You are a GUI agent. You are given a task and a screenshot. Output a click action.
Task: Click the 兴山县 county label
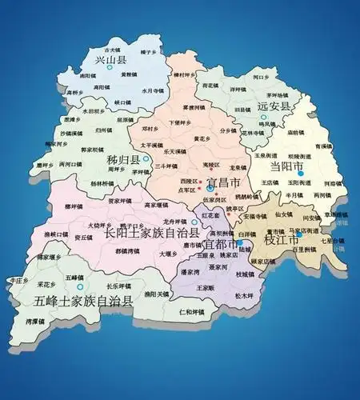[x=111, y=59]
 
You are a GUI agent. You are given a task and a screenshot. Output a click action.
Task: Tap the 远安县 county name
[x=274, y=105]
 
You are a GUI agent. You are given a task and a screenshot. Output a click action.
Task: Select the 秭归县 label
[x=123, y=160]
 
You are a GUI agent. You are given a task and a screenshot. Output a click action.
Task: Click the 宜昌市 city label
[x=223, y=183]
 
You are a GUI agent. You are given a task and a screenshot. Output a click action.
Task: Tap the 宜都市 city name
[x=220, y=242]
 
